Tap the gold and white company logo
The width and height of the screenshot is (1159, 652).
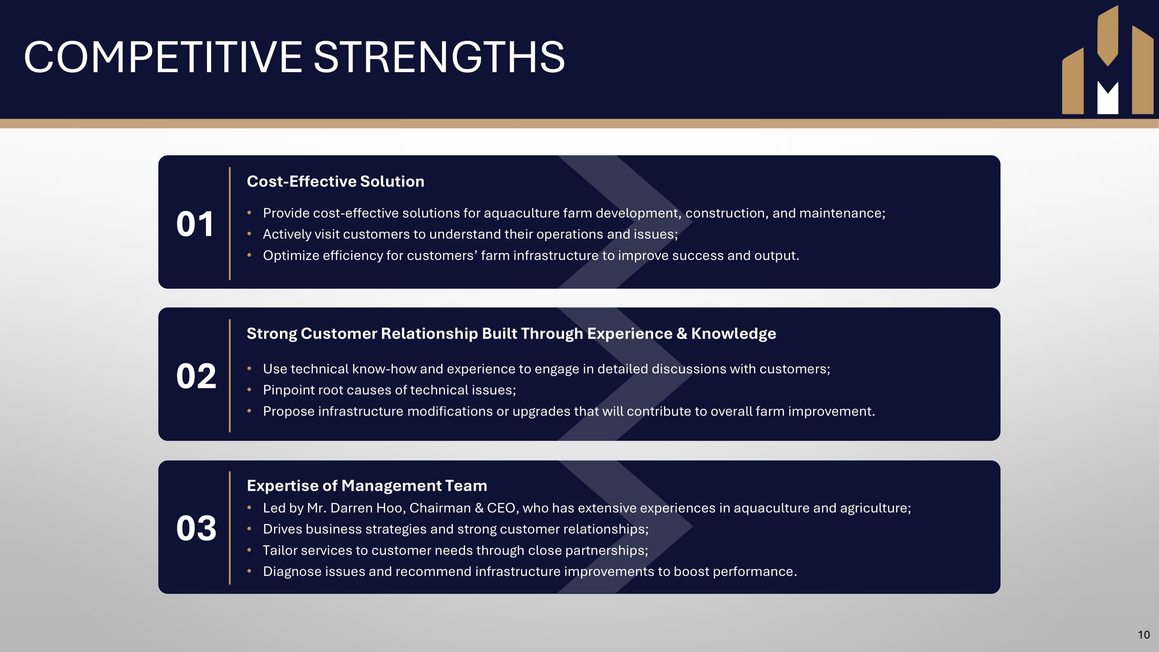click(x=1108, y=60)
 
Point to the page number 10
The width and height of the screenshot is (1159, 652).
click(x=1144, y=635)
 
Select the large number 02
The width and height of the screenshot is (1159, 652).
click(x=196, y=376)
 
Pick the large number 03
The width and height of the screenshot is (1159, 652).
click(x=196, y=528)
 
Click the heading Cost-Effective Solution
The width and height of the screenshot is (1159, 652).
click(x=335, y=181)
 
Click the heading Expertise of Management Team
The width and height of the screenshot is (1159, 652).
click(x=367, y=486)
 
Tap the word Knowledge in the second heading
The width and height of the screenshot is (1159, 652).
click(x=734, y=333)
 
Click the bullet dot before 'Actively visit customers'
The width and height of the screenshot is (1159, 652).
click(x=249, y=233)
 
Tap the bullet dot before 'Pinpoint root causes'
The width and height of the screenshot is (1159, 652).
click(x=249, y=389)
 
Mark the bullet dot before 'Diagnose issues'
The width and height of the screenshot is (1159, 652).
click(x=249, y=571)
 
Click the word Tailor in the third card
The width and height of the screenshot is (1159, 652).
click(x=280, y=550)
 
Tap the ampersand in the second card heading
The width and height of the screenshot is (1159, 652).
click(x=682, y=333)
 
